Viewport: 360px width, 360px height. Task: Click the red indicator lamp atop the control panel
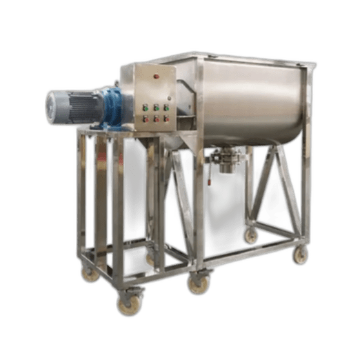[157, 76]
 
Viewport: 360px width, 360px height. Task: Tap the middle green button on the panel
[157, 108]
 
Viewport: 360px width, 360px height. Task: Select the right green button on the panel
[167, 108]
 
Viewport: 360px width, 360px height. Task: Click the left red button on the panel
[146, 119]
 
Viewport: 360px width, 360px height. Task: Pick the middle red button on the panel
[157, 119]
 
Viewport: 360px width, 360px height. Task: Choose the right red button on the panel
[168, 119]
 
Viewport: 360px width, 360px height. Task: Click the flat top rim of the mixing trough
[221, 57]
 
